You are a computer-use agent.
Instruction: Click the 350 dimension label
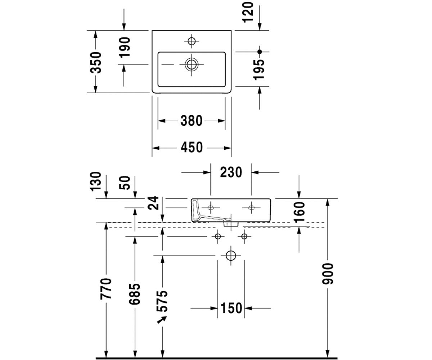96,63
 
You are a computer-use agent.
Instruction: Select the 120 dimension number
248,12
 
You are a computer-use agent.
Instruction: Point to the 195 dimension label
259,70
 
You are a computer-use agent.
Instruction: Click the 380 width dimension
192,121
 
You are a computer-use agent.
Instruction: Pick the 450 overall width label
192,147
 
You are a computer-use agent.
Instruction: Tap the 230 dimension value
231,172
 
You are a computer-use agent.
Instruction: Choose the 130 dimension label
96,181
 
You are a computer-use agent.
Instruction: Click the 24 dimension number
153,203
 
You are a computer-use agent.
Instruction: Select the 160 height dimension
299,213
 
